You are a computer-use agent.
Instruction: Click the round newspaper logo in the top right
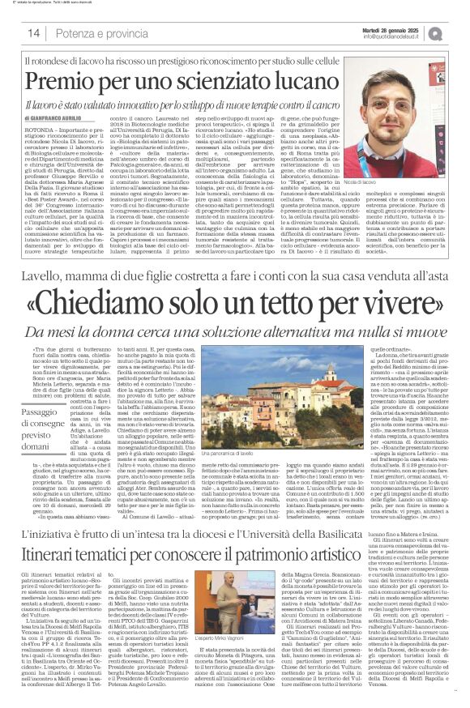coord(459,32)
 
